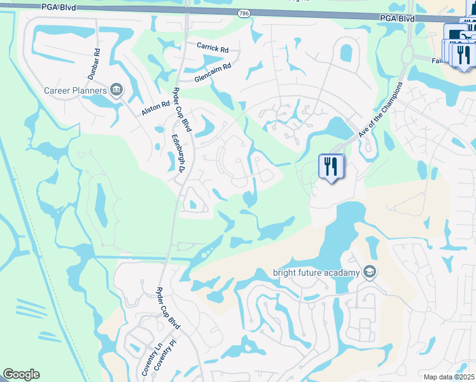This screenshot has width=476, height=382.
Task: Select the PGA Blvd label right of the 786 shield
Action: [397, 18]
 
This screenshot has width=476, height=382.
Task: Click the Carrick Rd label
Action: [213, 48]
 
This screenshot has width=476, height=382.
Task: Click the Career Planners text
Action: [75, 91]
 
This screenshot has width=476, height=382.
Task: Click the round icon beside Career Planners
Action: [116, 90]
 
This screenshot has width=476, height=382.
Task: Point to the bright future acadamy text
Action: [317, 273]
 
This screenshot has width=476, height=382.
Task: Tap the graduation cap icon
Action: [370, 273]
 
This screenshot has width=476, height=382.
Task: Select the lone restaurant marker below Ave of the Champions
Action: [331, 167]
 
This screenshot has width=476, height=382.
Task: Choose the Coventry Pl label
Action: [164, 362]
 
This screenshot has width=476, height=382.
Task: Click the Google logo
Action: [21, 374]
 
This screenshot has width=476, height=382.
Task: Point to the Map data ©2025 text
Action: [449, 377]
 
